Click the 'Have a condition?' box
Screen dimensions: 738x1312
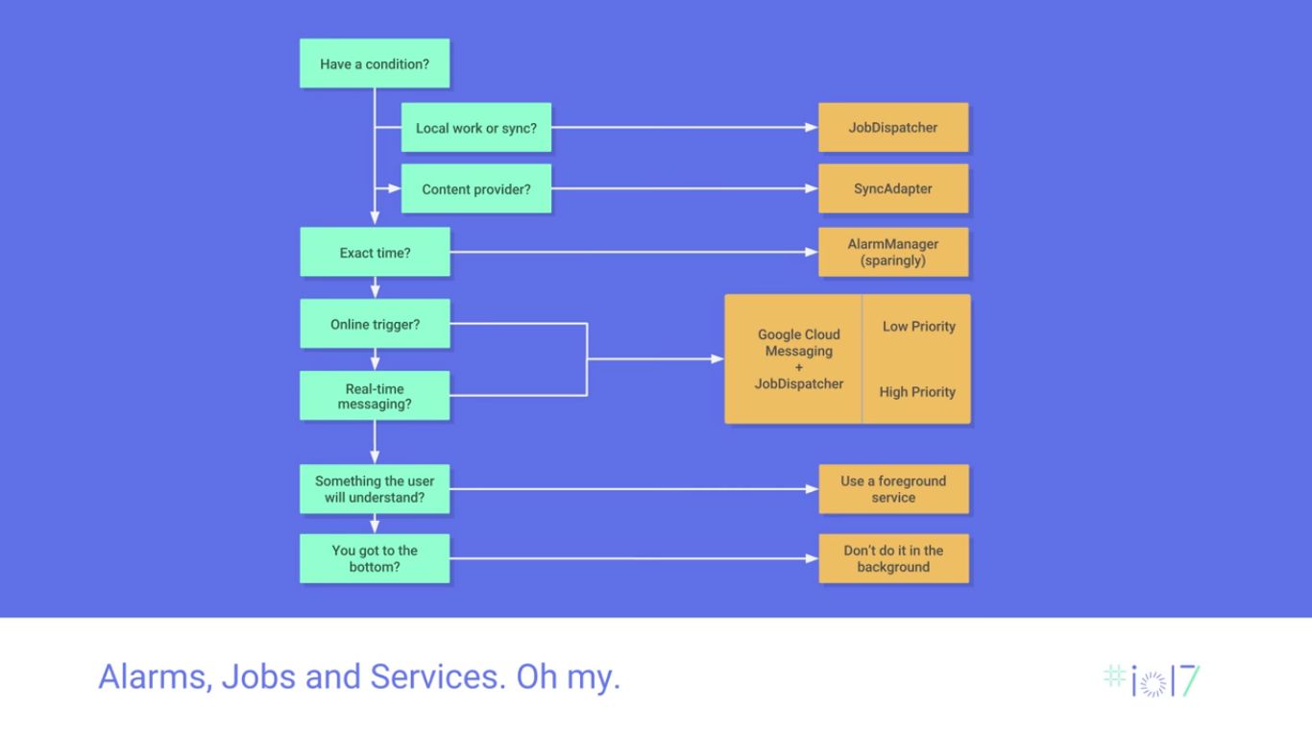pos(375,63)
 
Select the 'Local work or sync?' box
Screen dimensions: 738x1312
pos(476,127)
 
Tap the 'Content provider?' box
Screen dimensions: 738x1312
pos(476,189)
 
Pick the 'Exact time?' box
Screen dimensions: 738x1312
pos(375,253)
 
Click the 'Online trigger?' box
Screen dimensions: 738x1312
pos(375,324)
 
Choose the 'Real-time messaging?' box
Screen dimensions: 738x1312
pos(375,396)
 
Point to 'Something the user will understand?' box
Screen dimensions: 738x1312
pos(375,489)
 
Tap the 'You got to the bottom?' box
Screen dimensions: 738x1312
pos(375,558)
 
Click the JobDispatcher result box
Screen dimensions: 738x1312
pos(893,127)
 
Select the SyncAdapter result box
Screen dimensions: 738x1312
pos(893,189)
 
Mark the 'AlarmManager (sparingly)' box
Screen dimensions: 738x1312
pos(893,252)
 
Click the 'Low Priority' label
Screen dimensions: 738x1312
pos(918,327)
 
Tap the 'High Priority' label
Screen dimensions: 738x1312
pos(917,392)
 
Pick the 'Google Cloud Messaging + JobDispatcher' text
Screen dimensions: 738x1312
pos(798,358)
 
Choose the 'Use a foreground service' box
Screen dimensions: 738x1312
pos(893,489)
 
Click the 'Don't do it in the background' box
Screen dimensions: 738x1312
pos(893,558)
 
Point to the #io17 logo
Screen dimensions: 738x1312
pos(1152,679)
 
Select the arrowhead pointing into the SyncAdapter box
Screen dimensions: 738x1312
pos(812,189)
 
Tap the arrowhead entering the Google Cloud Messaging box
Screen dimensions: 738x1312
pos(717,358)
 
